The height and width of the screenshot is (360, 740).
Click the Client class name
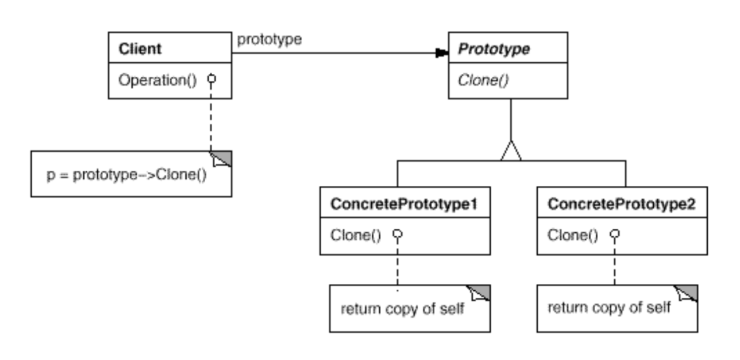[x=140, y=49]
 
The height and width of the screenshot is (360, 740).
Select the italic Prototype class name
[x=494, y=49]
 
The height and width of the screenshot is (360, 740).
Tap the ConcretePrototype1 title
[x=404, y=204]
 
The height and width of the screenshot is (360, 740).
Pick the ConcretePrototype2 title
[x=622, y=204]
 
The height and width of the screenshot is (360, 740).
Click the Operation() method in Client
[x=158, y=80]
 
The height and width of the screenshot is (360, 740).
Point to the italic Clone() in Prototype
[x=483, y=80]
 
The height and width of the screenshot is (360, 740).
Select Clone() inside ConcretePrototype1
[x=356, y=236]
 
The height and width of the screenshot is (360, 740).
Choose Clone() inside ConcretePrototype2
[x=573, y=236]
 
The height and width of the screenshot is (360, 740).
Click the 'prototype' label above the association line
[x=269, y=40]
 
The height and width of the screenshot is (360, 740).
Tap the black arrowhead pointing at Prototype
[x=442, y=53]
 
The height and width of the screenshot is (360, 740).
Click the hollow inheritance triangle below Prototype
[x=511, y=151]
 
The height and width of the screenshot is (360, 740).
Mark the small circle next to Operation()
[x=212, y=79]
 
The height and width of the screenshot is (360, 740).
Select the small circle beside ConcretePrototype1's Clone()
[x=398, y=234]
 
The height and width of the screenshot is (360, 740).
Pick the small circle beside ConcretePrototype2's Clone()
[x=615, y=234]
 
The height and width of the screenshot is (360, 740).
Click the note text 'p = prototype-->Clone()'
[x=127, y=175]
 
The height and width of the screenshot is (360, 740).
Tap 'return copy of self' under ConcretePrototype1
[x=402, y=309]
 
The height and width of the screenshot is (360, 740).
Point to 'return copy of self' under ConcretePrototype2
[x=609, y=307]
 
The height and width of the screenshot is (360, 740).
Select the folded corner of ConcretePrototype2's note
[x=687, y=293]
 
